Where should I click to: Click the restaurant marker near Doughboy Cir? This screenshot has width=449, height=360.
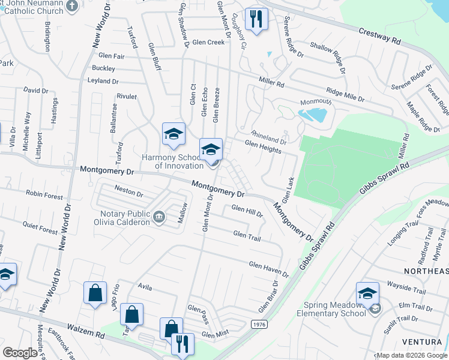point(256,20)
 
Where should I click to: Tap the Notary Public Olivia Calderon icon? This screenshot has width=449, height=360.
point(158,217)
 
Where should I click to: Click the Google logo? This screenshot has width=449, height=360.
point(20,353)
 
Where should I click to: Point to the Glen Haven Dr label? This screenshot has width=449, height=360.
point(268,269)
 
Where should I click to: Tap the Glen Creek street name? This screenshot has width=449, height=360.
point(208,42)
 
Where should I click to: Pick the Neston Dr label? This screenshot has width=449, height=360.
point(128,194)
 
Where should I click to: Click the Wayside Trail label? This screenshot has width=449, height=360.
point(406,292)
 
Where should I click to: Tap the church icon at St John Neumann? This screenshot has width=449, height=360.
point(71,6)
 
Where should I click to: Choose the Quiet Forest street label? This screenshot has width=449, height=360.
point(41,230)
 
